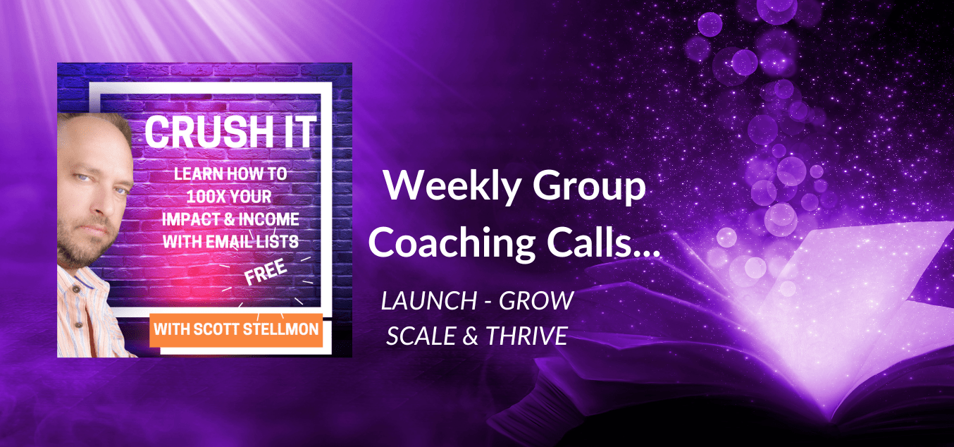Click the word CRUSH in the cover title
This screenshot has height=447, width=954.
(x=209, y=132)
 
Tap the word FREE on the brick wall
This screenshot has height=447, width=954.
(x=266, y=272)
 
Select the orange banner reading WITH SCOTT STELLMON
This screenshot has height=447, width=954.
(x=236, y=330)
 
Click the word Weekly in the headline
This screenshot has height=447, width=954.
(x=452, y=186)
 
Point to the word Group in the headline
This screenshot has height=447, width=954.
(x=589, y=186)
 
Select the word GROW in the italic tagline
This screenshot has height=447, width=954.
(x=536, y=300)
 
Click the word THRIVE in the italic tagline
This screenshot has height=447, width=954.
(x=526, y=336)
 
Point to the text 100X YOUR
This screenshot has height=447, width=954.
(x=229, y=197)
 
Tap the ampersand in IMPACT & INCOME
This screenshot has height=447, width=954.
(x=229, y=219)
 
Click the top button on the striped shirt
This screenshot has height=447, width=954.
(x=77, y=289)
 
